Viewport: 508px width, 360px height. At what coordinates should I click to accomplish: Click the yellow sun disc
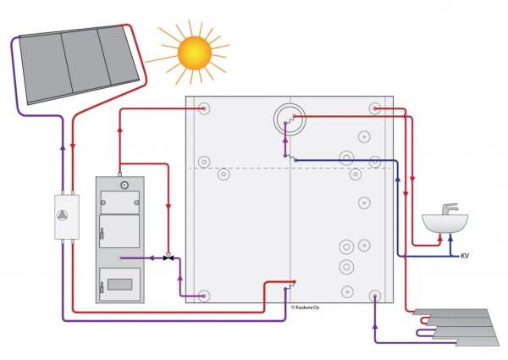click(195, 53)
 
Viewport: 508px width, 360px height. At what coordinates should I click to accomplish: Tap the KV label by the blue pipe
click(465, 256)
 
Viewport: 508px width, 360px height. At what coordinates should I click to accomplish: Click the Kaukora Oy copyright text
click(305, 307)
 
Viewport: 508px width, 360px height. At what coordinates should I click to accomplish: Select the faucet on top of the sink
click(450, 209)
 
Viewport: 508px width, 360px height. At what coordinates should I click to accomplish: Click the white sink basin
click(444, 224)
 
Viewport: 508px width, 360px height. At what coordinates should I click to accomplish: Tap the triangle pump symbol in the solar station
click(62, 215)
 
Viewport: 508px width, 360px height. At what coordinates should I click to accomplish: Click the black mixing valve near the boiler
click(168, 258)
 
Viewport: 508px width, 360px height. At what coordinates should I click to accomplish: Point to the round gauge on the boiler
click(124, 186)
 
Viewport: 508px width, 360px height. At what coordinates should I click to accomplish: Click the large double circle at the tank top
click(290, 119)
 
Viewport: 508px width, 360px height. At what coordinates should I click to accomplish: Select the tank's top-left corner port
click(204, 108)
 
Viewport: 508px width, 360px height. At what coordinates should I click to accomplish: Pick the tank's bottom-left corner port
click(204, 296)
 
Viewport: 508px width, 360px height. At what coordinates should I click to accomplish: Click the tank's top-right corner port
click(375, 108)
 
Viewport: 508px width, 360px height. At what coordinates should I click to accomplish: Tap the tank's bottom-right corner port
click(375, 296)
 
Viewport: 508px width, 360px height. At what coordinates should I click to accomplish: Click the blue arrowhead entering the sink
click(450, 237)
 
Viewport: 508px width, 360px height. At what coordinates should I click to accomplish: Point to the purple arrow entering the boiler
click(151, 258)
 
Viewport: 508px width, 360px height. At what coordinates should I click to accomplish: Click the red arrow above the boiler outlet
click(120, 130)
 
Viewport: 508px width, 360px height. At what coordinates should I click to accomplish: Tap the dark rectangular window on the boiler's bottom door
click(120, 285)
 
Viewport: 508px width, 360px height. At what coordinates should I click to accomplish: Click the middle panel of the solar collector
click(86, 62)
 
